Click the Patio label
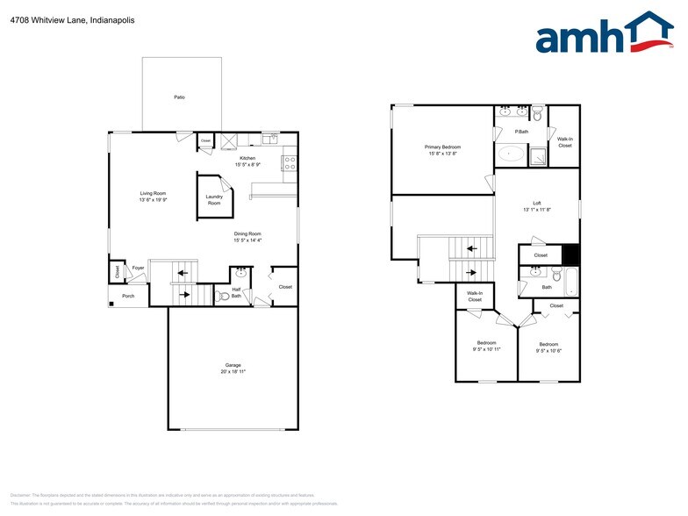[179, 97]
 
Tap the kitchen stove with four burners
[289, 162]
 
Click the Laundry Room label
[214, 199]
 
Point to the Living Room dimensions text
[153, 200]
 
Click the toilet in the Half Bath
[224, 297]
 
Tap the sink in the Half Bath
[241, 273]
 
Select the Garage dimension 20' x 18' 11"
[233, 372]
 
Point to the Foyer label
[138, 268]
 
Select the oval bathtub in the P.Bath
[512, 155]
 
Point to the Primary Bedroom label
[443, 147]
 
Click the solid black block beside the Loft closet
[571, 254]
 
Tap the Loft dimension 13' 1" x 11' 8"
[537, 210]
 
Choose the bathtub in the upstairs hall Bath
[573, 283]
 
